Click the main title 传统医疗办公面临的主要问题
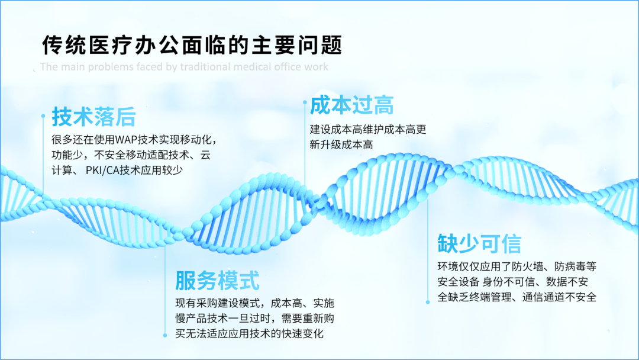tap(192, 45)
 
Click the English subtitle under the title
tap(184, 67)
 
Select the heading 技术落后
tap(93, 117)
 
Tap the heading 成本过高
tap(351, 105)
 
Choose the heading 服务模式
tap(217, 281)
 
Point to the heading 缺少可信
tap(479, 244)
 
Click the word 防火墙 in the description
tap(527, 266)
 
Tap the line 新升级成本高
tap(341, 144)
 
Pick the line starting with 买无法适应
tap(250, 333)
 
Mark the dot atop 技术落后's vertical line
tap(43, 116)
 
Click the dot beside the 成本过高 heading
tap(305, 102)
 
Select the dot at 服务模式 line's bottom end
tap(165, 336)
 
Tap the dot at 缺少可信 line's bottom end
tap(428, 302)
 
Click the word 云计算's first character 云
tap(205, 155)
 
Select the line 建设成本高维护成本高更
tap(368, 130)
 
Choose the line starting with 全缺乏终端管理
tap(517, 297)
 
